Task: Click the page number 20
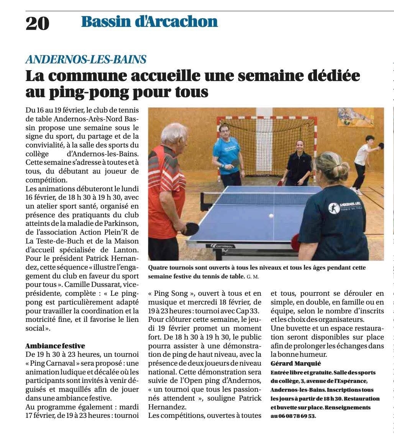point(38,23)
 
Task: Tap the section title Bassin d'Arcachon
point(149,22)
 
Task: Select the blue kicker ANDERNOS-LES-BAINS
point(86,60)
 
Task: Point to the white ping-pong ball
point(271,216)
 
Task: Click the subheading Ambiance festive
point(55,346)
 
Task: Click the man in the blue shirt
point(228,154)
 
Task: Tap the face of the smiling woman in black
point(299,146)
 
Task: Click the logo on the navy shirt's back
point(334,208)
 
